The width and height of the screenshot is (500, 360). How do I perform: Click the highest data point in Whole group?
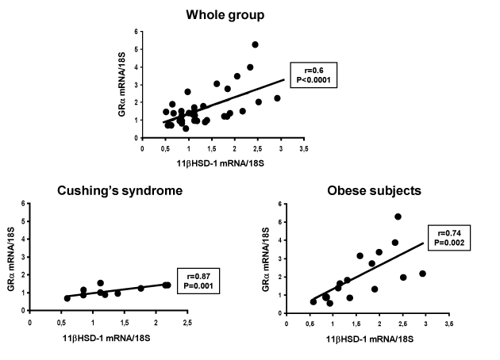pyautogui.click(x=256, y=44)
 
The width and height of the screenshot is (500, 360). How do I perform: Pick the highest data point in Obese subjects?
pyautogui.click(x=398, y=216)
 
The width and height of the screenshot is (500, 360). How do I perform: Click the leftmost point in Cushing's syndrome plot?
pyautogui.click(x=67, y=298)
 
